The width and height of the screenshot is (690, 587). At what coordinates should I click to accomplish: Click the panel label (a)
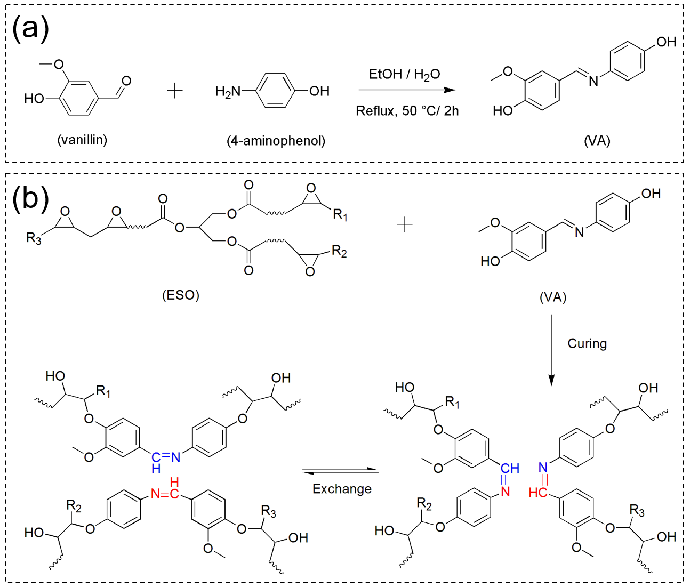coord(30,28)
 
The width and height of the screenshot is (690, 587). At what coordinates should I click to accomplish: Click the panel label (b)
coord(30,198)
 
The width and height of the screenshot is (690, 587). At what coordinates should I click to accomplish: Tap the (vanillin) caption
coord(82,140)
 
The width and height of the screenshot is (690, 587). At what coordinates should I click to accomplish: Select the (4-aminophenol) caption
coord(276,141)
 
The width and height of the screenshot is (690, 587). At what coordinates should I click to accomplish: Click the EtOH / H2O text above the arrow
coord(404,74)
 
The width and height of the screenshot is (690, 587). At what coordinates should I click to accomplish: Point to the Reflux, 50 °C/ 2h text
coord(407,111)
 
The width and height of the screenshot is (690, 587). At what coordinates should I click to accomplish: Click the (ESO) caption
coord(181,295)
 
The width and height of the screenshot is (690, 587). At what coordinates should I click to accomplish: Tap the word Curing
coord(587,343)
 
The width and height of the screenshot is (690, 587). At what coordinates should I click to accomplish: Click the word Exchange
coord(342,489)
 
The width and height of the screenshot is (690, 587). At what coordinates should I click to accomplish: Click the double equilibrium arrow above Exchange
coord(340,471)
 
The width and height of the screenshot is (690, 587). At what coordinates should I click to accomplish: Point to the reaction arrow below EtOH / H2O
coord(407,90)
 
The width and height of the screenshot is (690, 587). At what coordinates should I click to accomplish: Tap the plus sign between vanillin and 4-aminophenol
coord(175,91)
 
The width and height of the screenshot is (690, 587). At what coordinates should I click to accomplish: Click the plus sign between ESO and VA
coord(405,225)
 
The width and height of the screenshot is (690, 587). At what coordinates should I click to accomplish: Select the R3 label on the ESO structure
coord(34,238)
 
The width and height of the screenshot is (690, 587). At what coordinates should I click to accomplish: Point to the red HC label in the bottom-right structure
coord(537,493)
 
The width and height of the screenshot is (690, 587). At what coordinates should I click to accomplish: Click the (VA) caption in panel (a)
coord(597,141)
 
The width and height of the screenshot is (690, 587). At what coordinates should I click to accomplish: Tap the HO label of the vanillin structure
coord(34,99)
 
